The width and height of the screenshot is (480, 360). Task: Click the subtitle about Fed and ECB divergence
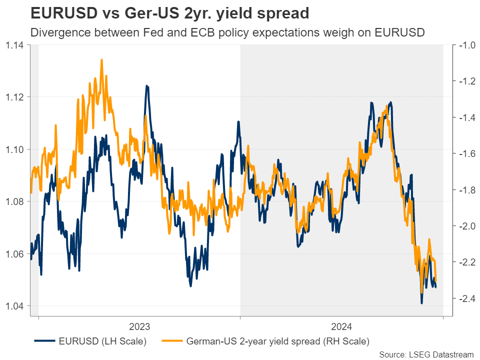click(x=227, y=33)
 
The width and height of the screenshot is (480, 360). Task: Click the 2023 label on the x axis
click(x=139, y=327)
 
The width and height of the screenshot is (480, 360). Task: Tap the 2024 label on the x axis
click(x=341, y=327)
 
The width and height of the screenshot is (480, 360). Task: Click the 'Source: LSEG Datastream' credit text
click(x=426, y=354)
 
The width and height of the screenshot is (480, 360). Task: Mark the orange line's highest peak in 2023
click(x=101, y=59)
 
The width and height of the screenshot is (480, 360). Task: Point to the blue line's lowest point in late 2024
click(x=421, y=303)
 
